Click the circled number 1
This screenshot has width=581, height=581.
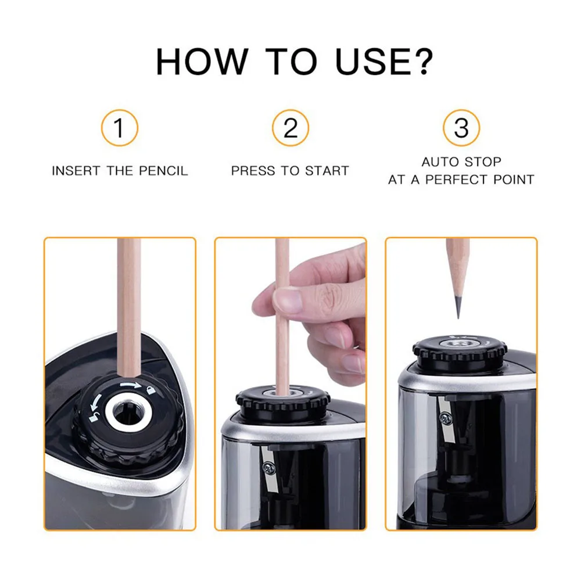point(119,128)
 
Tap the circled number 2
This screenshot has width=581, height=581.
point(290,128)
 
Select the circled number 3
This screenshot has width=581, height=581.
point(461,128)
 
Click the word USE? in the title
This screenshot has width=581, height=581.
point(384,62)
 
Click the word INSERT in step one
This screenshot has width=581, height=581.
point(76,171)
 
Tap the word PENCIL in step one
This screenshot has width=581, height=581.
point(163,171)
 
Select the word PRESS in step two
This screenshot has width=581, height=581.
point(253,171)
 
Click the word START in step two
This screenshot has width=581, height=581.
point(327,171)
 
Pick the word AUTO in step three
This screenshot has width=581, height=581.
point(440,162)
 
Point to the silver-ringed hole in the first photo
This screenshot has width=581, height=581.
point(128,412)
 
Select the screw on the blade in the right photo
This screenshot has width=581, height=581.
point(444,419)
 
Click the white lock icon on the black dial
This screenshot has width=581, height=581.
point(150,390)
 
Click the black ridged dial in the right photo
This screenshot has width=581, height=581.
point(460,352)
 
